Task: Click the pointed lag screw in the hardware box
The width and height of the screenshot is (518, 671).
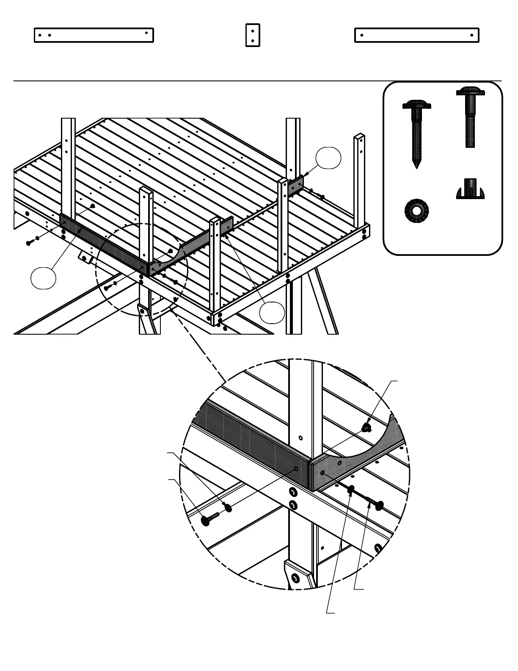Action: click(417, 131)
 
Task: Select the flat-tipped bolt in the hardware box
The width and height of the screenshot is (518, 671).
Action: click(470, 116)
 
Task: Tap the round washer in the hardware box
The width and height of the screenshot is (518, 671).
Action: click(416, 211)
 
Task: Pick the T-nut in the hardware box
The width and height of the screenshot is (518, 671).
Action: click(470, 189)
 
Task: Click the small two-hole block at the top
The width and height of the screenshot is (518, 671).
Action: click(253, 35)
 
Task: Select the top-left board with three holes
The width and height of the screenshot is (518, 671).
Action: click(94, 35)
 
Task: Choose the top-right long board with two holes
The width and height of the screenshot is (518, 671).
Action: click(416, 35)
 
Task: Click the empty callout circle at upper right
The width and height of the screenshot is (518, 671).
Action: click(328, 158)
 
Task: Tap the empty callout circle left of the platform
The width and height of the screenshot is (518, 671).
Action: click(43, 278)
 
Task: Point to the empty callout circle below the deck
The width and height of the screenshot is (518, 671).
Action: click(272, 313)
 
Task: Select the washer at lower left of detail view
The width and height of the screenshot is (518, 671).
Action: click(228, 507)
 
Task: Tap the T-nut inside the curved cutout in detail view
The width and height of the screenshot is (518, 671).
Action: click(367, 427)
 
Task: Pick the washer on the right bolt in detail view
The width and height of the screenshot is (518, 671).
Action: click(351, 490)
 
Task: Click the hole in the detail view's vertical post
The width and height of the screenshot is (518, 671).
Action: click(300, 438)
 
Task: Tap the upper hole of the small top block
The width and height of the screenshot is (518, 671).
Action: click(253, 30)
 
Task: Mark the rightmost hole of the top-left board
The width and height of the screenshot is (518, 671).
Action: click(146, 32)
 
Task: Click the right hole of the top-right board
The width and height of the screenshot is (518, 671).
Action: click(471, 36)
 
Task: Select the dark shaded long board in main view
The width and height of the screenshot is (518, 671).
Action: click(104, 242)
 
